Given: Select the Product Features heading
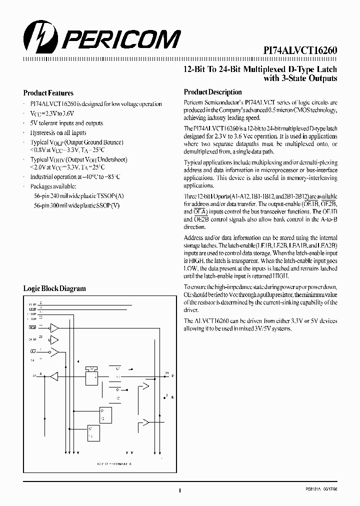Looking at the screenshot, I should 48,93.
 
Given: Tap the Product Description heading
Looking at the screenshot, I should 212,92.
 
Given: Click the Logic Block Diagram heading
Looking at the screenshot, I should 54,288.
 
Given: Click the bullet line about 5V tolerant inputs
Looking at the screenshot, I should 66,123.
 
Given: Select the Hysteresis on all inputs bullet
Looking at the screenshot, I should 58,132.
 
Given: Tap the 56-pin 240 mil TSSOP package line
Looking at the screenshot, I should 77,195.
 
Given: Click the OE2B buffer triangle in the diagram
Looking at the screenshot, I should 54,328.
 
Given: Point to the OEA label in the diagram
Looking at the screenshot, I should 33,351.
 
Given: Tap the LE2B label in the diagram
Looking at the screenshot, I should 32,308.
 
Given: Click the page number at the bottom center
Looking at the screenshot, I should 179,491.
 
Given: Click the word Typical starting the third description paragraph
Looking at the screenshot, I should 192,162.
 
